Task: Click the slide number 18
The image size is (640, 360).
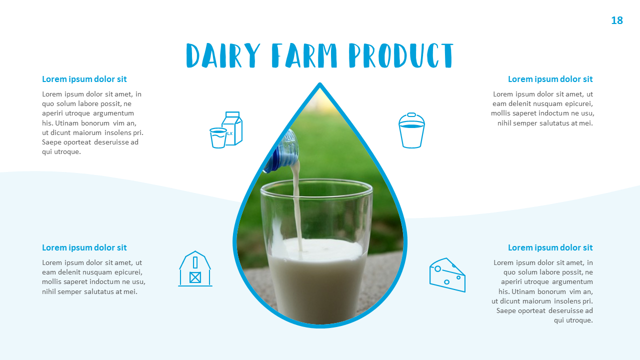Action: point(617,20)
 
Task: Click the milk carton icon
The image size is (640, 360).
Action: point(232,128)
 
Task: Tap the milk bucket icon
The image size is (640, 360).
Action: point(411,130)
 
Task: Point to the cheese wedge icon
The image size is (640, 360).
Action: point(447,275)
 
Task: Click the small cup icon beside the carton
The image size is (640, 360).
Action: point(218,138)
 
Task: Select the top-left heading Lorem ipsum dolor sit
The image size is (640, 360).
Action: point(84,79)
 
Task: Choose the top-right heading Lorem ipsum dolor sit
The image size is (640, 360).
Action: point(550,79)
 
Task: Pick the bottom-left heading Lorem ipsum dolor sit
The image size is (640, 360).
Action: point(84,247)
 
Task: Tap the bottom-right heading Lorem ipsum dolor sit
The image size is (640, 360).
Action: point(550,247)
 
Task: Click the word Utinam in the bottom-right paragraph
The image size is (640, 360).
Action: point(523,291)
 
